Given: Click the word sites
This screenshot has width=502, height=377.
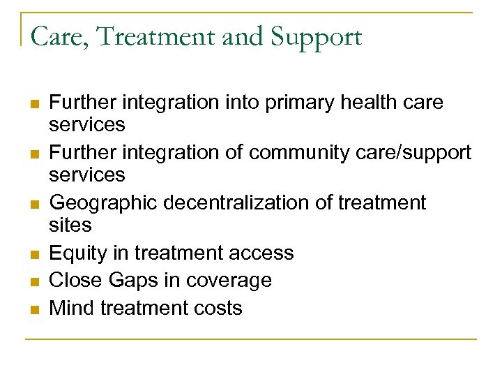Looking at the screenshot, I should pos(70,225).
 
